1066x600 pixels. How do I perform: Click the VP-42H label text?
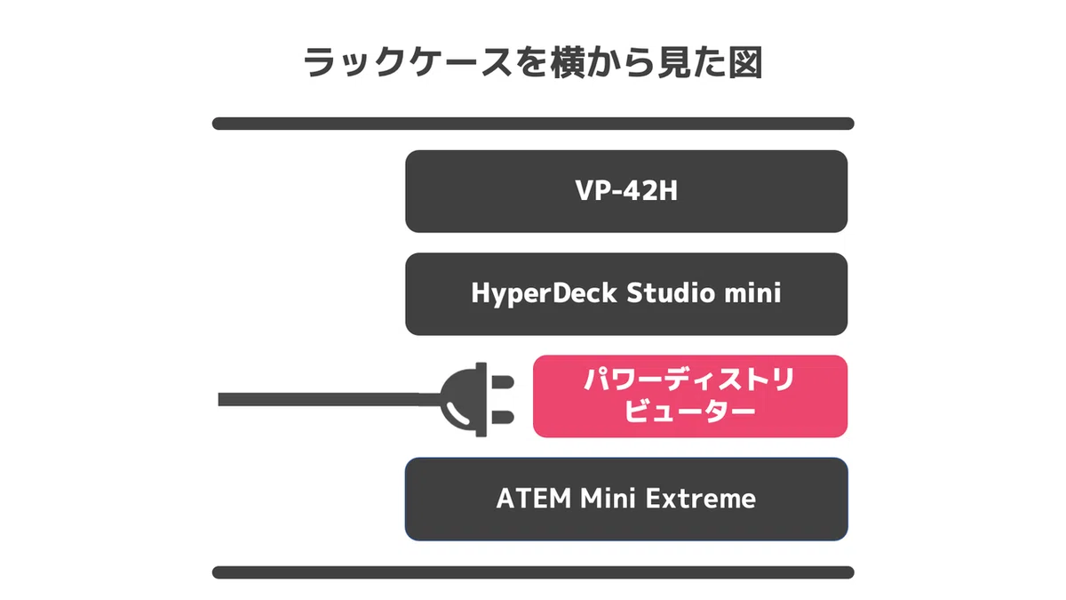click(x=626, y=190)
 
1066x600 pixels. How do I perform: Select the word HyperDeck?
click(x=544, y=292)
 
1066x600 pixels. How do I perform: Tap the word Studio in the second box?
click(x=671, y=292)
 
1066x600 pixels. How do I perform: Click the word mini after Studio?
click(x=752, y=292)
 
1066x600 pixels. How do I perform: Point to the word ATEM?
click(x=534, y=499)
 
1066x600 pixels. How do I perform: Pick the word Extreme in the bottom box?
click(x=701, y=499)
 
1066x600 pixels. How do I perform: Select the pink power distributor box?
click(x=690, y=396)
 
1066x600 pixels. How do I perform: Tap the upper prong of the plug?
click(x=503, y=382)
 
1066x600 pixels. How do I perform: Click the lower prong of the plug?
click(x=503, y=417)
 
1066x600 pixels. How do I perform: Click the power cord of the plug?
click(x=330, y=399)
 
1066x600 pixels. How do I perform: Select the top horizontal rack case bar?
click(x=533, y=124)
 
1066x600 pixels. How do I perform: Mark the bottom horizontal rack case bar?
click(x=533, y=572)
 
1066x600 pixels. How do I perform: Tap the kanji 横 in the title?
click(x=568, y=62)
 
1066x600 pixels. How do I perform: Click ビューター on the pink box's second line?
click(x=690, y=412)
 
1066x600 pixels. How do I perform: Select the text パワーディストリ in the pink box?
click(x=689, y=380)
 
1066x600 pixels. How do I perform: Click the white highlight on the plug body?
click(x=457, y=414)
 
